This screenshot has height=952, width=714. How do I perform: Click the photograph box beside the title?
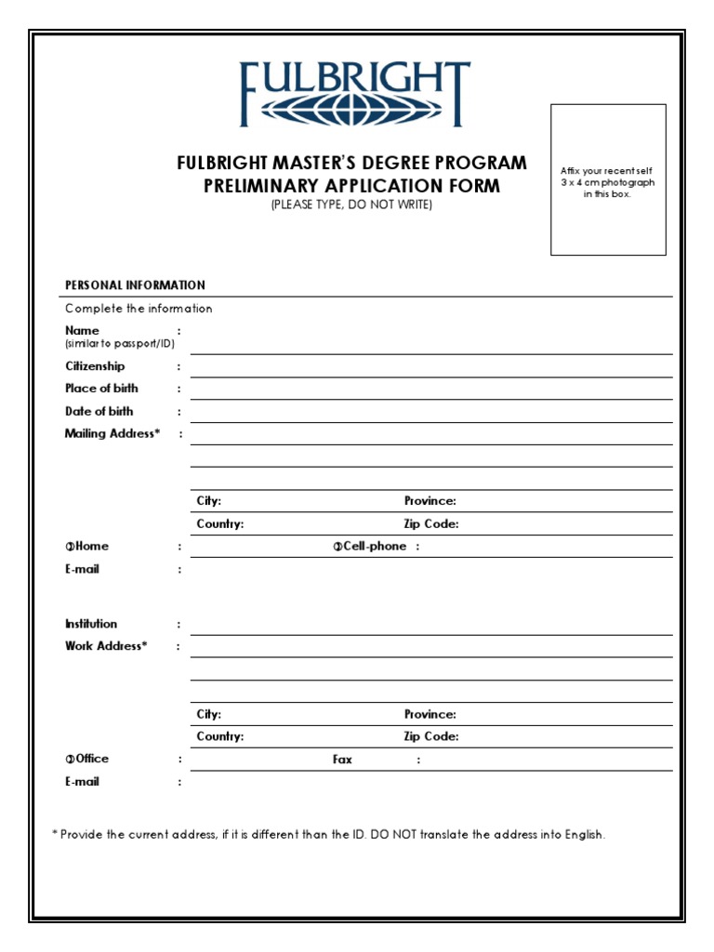click(x=608, y=179)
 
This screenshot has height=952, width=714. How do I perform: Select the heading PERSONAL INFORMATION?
click(x=135, y=285)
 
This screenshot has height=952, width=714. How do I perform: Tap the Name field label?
click(x=82, y=331)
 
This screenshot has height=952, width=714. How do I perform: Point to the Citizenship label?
click(x=95, y=366)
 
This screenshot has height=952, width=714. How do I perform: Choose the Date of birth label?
click(x=99, y=411)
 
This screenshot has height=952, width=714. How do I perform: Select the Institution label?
click(x=91, y=624)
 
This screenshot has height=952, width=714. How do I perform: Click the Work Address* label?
click(x=106, y=646)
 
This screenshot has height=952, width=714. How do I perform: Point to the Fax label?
click(x=343, y=760)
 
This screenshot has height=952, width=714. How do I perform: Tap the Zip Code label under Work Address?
click(x=431, y=737)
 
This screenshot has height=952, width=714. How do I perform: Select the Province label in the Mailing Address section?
click(x=430, y=501)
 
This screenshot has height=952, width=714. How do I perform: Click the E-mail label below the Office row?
click(x=82, y=782)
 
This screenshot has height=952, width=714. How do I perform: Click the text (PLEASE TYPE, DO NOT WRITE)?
click(x=351, y=205)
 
